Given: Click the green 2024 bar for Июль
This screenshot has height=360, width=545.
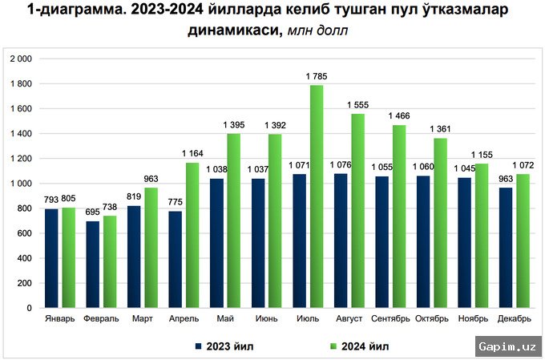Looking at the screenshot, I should point(316,196).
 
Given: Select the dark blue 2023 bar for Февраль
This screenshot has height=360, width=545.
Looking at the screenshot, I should point(93,264).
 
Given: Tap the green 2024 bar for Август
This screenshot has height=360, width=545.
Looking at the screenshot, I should point(357,211).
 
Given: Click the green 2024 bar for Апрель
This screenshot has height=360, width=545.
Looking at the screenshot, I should point(192,235).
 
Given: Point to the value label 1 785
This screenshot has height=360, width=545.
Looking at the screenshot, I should point(317,77).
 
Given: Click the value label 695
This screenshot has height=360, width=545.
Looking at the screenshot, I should point(92,212).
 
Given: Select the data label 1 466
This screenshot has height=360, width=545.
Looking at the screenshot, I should point(399,117).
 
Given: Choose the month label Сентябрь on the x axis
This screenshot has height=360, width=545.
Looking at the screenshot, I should point(391,318).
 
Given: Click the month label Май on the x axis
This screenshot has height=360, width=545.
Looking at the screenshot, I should point(225,318).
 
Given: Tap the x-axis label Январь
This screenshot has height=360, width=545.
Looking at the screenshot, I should point(60,318).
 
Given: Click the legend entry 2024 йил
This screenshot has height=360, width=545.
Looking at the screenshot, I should point(362,346).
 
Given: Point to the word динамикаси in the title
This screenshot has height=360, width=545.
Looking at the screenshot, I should point(229,30).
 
